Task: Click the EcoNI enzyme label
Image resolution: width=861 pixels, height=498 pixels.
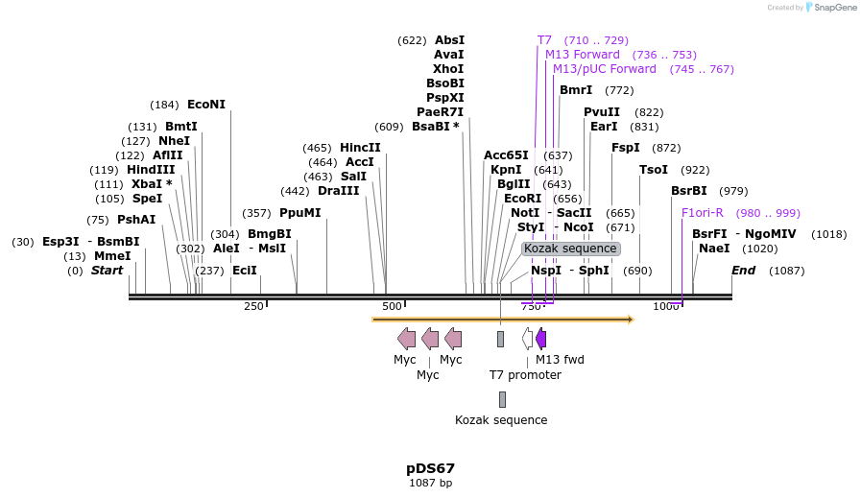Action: [x=206, y=105]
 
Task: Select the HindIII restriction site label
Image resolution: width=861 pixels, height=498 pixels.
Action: [x=152, y=170]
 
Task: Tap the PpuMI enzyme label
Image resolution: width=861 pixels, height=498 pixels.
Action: [x=299, y=213]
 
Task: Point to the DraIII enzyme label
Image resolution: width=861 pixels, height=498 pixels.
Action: [x=338, y=191]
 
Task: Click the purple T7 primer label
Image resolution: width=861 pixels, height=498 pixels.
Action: [x=544, y=40]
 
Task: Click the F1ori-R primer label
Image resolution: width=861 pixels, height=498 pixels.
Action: [x=703, y=213]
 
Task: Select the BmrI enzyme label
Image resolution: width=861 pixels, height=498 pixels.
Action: [x=576, y=90]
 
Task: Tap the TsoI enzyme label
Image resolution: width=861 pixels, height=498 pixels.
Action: [x=654, y=170]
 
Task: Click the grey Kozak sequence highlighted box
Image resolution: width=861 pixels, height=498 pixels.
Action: [x=570, y=249]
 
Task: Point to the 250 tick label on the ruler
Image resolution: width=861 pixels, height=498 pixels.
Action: [x=253, y=306]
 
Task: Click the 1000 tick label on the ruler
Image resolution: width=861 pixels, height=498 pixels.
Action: [x=666, y=306]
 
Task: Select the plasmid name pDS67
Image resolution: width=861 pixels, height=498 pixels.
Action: [x=430, y=468]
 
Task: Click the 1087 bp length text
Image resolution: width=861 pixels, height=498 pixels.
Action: [x=430, y=483]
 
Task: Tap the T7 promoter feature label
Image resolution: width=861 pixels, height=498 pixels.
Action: [x=525, y=374]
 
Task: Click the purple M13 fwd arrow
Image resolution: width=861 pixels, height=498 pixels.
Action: [x=541, y=338]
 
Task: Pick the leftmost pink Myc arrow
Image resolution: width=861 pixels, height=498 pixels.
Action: [x=406, y=338]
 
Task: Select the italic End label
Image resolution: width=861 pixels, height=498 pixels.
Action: [x=743, y=271]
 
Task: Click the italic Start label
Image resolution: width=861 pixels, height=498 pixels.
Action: [x=107, y=271]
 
